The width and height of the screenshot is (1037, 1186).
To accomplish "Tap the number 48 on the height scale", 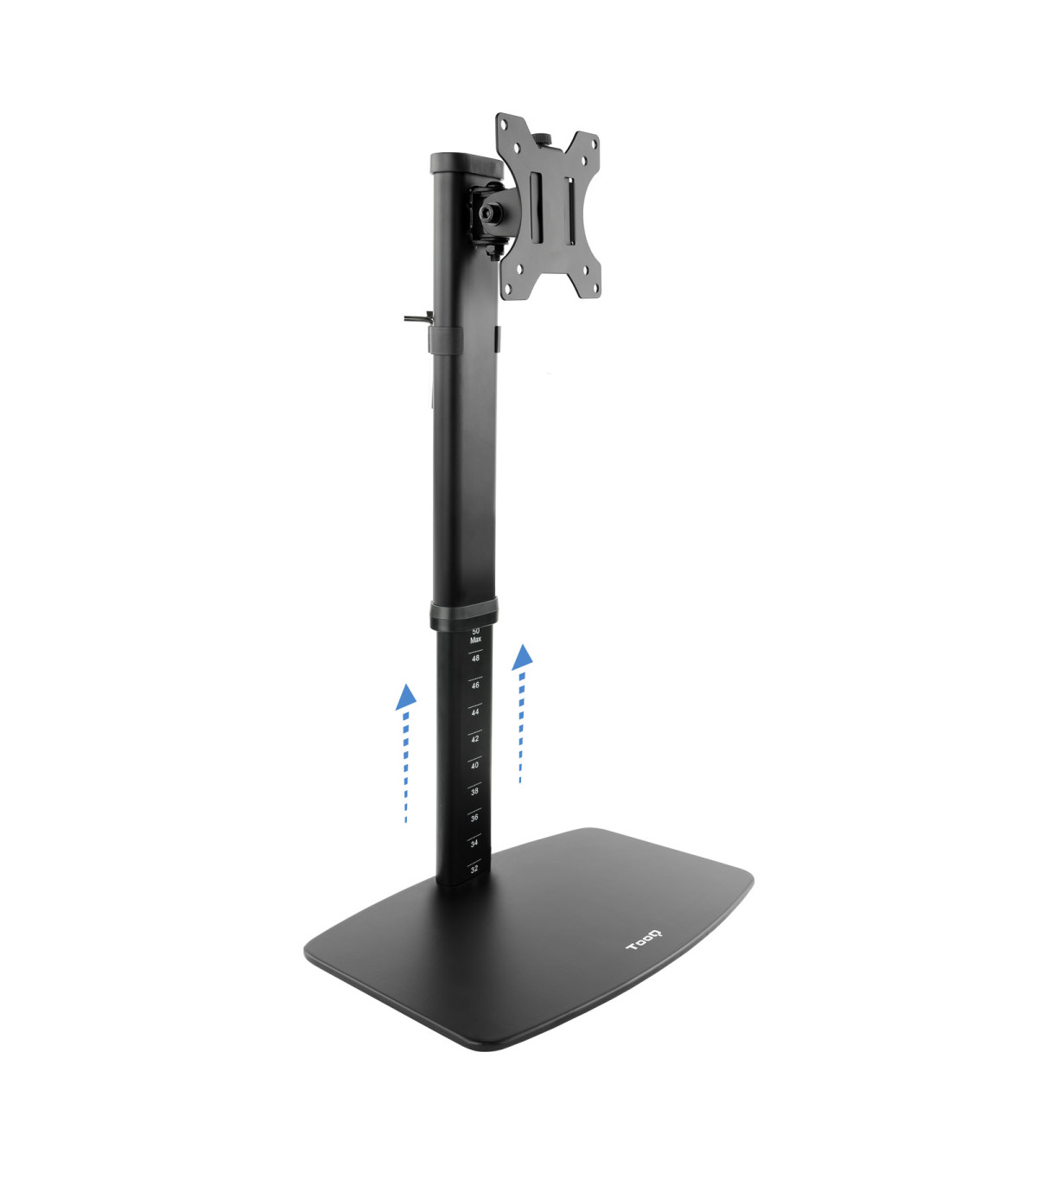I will click(475, 659).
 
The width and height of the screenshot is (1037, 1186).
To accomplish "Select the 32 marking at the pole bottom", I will click(474, 869).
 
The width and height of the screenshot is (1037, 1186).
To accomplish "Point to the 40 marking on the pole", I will click(474, 765).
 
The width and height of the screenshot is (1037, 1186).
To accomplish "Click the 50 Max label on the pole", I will click(475, 636).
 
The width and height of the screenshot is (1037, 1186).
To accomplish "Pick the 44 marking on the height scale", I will click(474, 712).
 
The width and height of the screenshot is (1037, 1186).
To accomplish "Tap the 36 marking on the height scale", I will click(474, 817).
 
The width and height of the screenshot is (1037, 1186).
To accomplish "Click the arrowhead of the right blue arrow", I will click(522, 656).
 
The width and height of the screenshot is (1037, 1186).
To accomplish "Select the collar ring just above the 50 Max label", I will click(463, 615).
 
